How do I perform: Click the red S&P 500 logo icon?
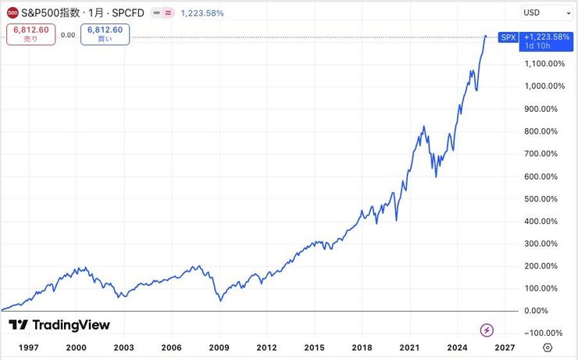coord(12,12)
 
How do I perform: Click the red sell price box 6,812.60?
coord(30,34)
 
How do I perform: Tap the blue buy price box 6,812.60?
coord(105,34)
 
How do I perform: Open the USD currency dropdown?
coord(546,12)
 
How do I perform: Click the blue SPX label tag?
coord(508,37)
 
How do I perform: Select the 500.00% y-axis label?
coord(544,198)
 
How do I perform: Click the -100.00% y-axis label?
coord(544,333)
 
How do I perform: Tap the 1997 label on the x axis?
coord(28,348)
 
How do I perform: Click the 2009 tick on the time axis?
coord(219,348)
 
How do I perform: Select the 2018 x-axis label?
coord(361,348)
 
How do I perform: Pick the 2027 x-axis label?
coord(504,348)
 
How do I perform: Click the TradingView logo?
coord(59,325)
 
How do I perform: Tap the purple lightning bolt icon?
coord(487,330)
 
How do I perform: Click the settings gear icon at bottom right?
coord(548,348)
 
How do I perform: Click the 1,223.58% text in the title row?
coord(202,12)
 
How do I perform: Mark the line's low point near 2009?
coord(219,301)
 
